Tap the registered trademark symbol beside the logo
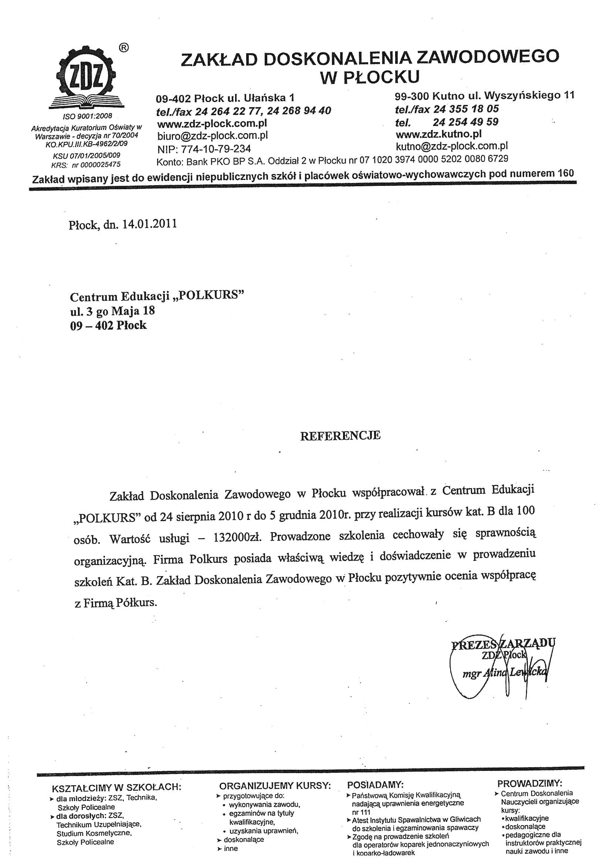[124, 48]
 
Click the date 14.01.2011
[149, 224]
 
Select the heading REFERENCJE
[340, 436]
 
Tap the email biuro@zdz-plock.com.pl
[212, 136]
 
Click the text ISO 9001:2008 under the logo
[87, 116]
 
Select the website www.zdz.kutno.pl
[439, 135]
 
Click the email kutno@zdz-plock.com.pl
[452, 146]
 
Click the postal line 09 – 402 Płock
[108, 326]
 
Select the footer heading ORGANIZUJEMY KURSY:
[275, 786]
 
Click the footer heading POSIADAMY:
[375, 785]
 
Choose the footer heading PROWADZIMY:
[530, 783]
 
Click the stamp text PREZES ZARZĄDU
[503, 644]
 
